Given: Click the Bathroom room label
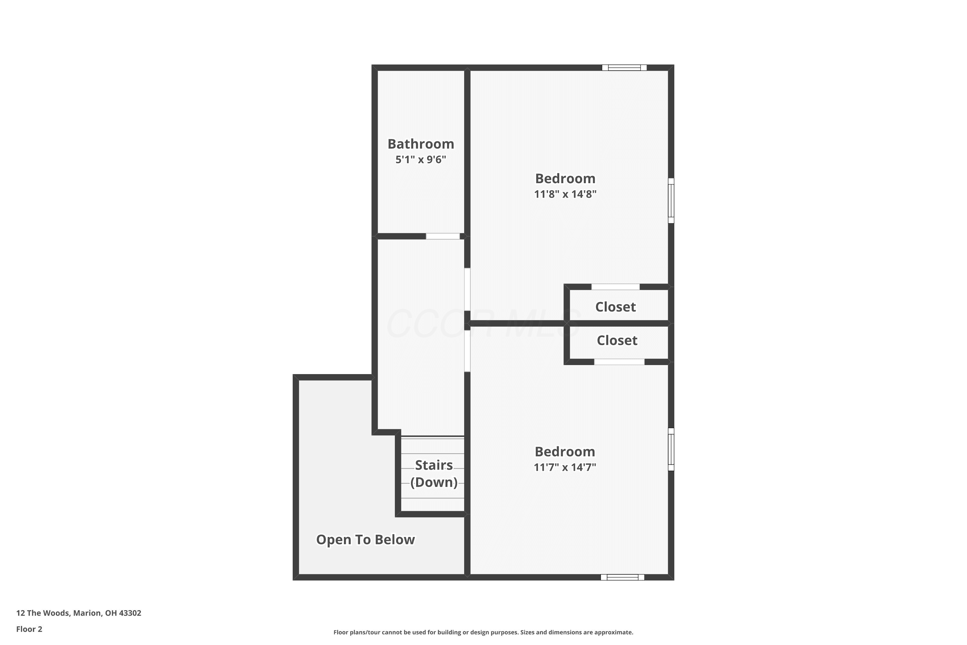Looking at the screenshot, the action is click(x=421, y=144).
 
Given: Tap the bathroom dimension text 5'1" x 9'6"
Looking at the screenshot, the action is click(x=421, y=160).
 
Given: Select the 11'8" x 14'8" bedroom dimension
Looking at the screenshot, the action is click(x=565, y=194).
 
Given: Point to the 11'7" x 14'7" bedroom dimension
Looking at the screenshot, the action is click(x=565, y=467).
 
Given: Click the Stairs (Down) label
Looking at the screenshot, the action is click(x=434, y=473).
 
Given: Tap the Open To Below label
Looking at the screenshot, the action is click(x=366, y=540).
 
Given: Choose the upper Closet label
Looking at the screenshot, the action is click(x=615, y=307).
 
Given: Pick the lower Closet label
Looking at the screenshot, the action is click(x=617, y=341).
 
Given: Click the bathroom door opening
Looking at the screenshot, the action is click(x=443, y=236).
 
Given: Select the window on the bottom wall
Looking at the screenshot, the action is click(x=622, y=577).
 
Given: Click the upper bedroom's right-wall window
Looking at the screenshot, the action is click(x=671, y=201).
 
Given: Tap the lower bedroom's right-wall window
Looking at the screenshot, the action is click(x=671, y=449).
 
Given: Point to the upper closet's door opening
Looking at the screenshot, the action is click(x=615, y=287).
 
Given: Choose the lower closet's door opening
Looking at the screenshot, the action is click(x=619, y=362).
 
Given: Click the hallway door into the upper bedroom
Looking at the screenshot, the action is click(x=467, y=290).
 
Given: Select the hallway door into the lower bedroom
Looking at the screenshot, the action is click(x=467, y=351).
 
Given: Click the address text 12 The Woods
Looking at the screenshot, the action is click(x=43, y=613).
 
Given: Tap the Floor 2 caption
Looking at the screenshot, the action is click(x=29, y=629).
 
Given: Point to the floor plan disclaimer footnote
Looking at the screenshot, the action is click(x=484, y=632).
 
